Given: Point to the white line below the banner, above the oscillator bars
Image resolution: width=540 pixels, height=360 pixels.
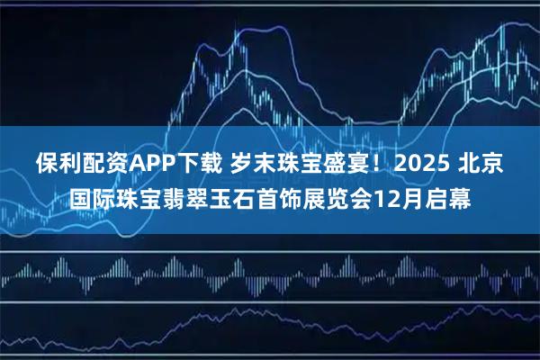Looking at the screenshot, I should pyautogui.click(x=270, y=247).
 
